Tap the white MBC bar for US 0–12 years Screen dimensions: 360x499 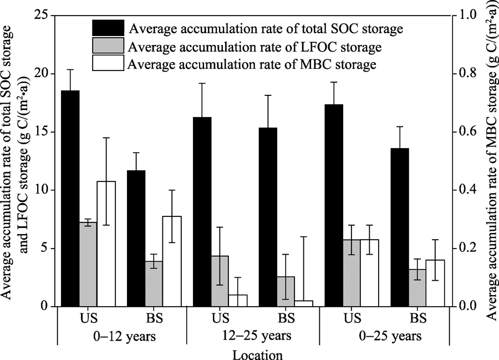(106, 244)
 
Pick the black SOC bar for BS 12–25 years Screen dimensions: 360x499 (267, 217)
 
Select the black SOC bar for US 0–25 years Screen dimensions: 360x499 (332, 205)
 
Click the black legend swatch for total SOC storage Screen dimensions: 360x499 (108, 27)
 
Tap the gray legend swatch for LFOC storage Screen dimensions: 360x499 (108, 46)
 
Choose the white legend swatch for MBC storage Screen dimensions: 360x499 (108, 64)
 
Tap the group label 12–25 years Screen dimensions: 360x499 (252, 337)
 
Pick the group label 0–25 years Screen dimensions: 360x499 (384, 337)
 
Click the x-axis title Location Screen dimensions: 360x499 (251, 354)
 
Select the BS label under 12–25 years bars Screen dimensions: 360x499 (286, 319)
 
